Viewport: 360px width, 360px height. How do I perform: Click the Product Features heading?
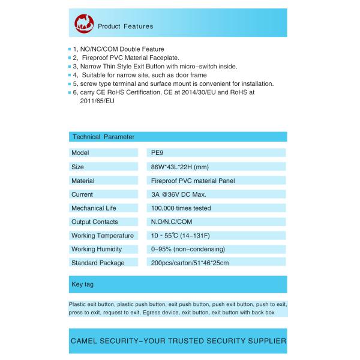125,26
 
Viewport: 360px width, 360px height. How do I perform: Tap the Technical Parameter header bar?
178,137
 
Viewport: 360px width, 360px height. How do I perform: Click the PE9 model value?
157,153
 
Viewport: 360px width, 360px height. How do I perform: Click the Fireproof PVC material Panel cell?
192,181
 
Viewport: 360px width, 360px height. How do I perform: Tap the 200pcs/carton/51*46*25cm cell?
190,263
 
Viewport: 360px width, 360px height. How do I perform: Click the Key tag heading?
83,284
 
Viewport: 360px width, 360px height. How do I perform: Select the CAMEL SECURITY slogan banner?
178,341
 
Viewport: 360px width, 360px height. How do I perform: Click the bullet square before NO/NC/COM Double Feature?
70,49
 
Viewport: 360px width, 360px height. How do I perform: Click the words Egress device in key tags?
161,313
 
